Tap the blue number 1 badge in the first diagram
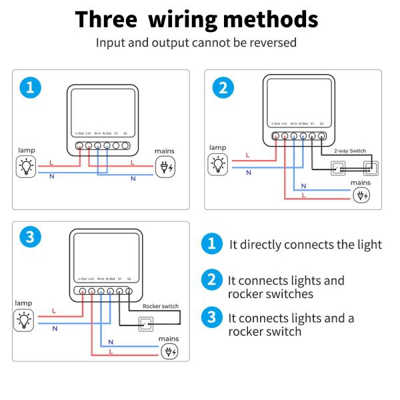(x=29, y=87)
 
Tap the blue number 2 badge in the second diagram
(x=223, y=87)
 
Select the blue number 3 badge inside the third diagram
(x=29, y=238)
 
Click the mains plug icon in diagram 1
(x=165, y=167)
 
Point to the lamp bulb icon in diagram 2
(x=218, y=163)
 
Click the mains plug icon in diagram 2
(x=361, y=195)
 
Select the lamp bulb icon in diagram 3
(x=24, y=319)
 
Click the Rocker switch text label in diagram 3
(x=161, y=307)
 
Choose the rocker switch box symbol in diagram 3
(x=144, y=325)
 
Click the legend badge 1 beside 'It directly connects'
(x=211, y=244)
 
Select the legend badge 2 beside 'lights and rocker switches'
(x=211, y=280)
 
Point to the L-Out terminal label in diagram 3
(x=83, y=279)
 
